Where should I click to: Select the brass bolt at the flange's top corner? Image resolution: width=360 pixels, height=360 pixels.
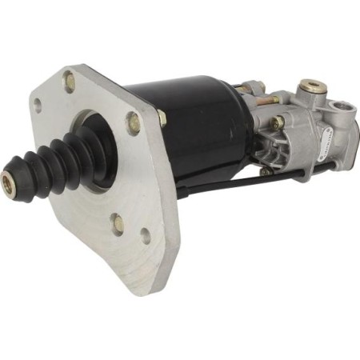69,81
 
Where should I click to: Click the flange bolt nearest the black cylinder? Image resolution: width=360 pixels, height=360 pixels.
133,121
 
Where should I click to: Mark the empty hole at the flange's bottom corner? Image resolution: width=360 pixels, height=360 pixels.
145,235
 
